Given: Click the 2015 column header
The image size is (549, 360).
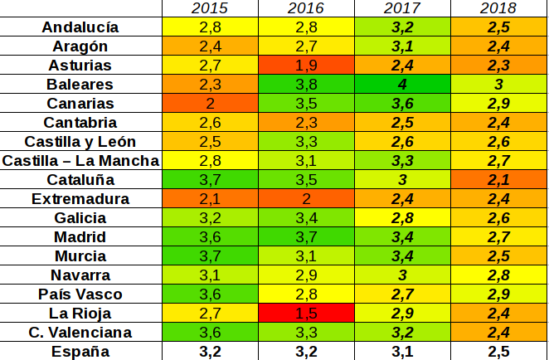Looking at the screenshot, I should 211,8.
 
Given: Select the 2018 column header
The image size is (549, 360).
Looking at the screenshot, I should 499,8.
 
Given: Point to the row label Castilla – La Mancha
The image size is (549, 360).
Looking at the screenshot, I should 80,160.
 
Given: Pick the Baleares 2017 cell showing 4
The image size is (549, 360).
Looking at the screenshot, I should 402,85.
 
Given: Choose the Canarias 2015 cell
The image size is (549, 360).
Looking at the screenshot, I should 211,104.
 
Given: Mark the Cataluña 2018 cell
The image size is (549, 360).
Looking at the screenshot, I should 499,180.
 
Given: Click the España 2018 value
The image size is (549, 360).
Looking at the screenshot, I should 499,352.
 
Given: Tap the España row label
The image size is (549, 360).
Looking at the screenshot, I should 80,352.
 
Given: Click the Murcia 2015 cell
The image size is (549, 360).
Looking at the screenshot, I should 211,256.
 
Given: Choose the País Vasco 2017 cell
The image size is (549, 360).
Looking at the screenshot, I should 402,294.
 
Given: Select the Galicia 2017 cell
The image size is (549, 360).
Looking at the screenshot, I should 402,218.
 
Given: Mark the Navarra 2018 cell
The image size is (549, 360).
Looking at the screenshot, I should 499,275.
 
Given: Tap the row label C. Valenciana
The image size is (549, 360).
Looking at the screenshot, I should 80,333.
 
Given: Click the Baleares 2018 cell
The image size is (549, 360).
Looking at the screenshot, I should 499,85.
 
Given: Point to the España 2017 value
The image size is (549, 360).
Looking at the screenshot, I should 402,352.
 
